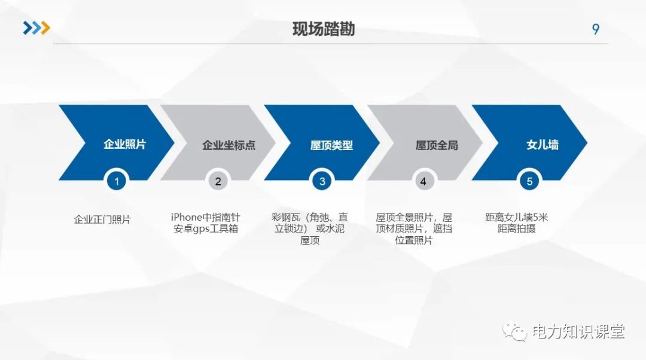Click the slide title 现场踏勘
323,29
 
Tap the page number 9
595,29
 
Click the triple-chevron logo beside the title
36,28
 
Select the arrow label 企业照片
124,144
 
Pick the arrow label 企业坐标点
228,145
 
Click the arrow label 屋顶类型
331,145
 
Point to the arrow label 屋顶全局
436,145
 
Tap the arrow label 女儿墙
542,145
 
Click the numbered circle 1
117,181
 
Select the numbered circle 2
218,181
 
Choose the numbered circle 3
322,181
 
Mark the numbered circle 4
423,181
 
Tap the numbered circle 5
529,181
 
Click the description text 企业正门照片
102,219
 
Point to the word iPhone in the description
187,217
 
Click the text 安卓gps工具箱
206,229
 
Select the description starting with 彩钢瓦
309,228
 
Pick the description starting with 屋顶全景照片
414,228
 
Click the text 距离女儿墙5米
516,217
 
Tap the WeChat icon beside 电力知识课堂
514,331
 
